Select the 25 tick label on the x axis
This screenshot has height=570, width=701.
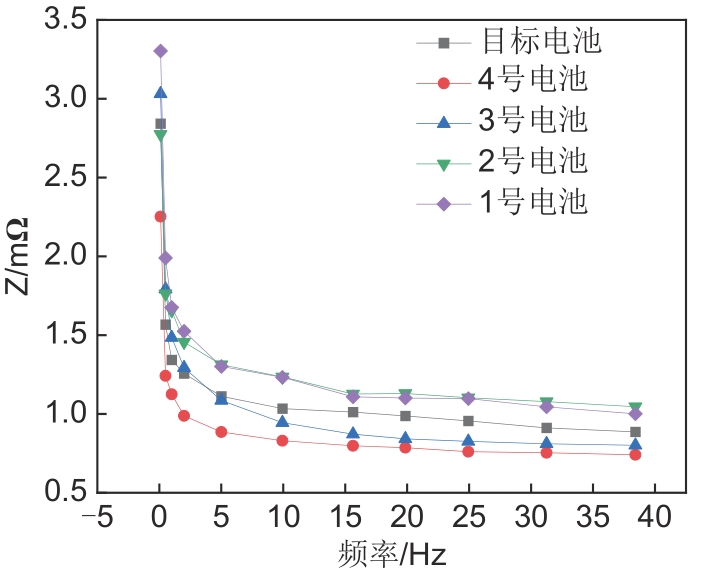click(468, 518)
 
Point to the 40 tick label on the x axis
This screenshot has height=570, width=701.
click(654, 518)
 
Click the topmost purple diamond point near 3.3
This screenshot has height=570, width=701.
click(160, 51)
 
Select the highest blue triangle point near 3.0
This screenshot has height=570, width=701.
click(160, 93)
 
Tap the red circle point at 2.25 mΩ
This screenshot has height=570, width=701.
click(160, 216)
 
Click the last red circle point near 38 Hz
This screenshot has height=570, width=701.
click(635, 455)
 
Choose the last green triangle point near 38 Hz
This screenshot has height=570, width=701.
click(635, 408)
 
